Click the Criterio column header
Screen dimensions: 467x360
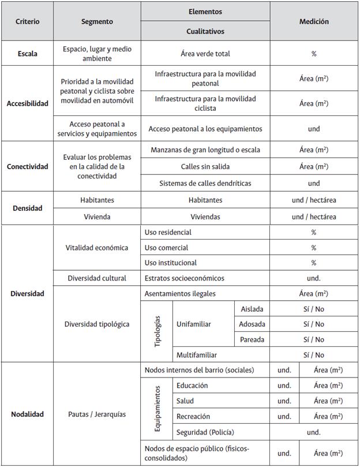(27, 21)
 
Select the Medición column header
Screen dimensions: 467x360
(314, 21)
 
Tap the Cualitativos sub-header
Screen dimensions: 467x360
(205, 31)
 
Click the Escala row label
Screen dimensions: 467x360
(27, 54)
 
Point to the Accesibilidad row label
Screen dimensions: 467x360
(27, 104)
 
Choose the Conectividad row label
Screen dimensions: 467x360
(27, 167)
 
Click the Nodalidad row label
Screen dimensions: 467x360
(27, 414)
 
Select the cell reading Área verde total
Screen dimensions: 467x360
(205, 54)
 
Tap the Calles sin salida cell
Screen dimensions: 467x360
(205, 167)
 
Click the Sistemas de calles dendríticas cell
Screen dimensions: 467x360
(205, 184)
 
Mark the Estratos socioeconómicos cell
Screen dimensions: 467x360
(184, 278)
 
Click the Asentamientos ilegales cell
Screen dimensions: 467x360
(180, 294)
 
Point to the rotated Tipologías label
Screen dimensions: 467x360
(157, 332)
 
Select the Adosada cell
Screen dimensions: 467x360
(252, 324)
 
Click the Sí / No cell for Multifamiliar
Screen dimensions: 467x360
(314, 355)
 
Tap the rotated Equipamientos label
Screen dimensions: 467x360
(157, 409)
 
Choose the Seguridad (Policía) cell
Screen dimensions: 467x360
(205, 432)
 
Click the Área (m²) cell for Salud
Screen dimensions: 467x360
(328, 401)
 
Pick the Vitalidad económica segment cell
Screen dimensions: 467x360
(97, 248)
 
